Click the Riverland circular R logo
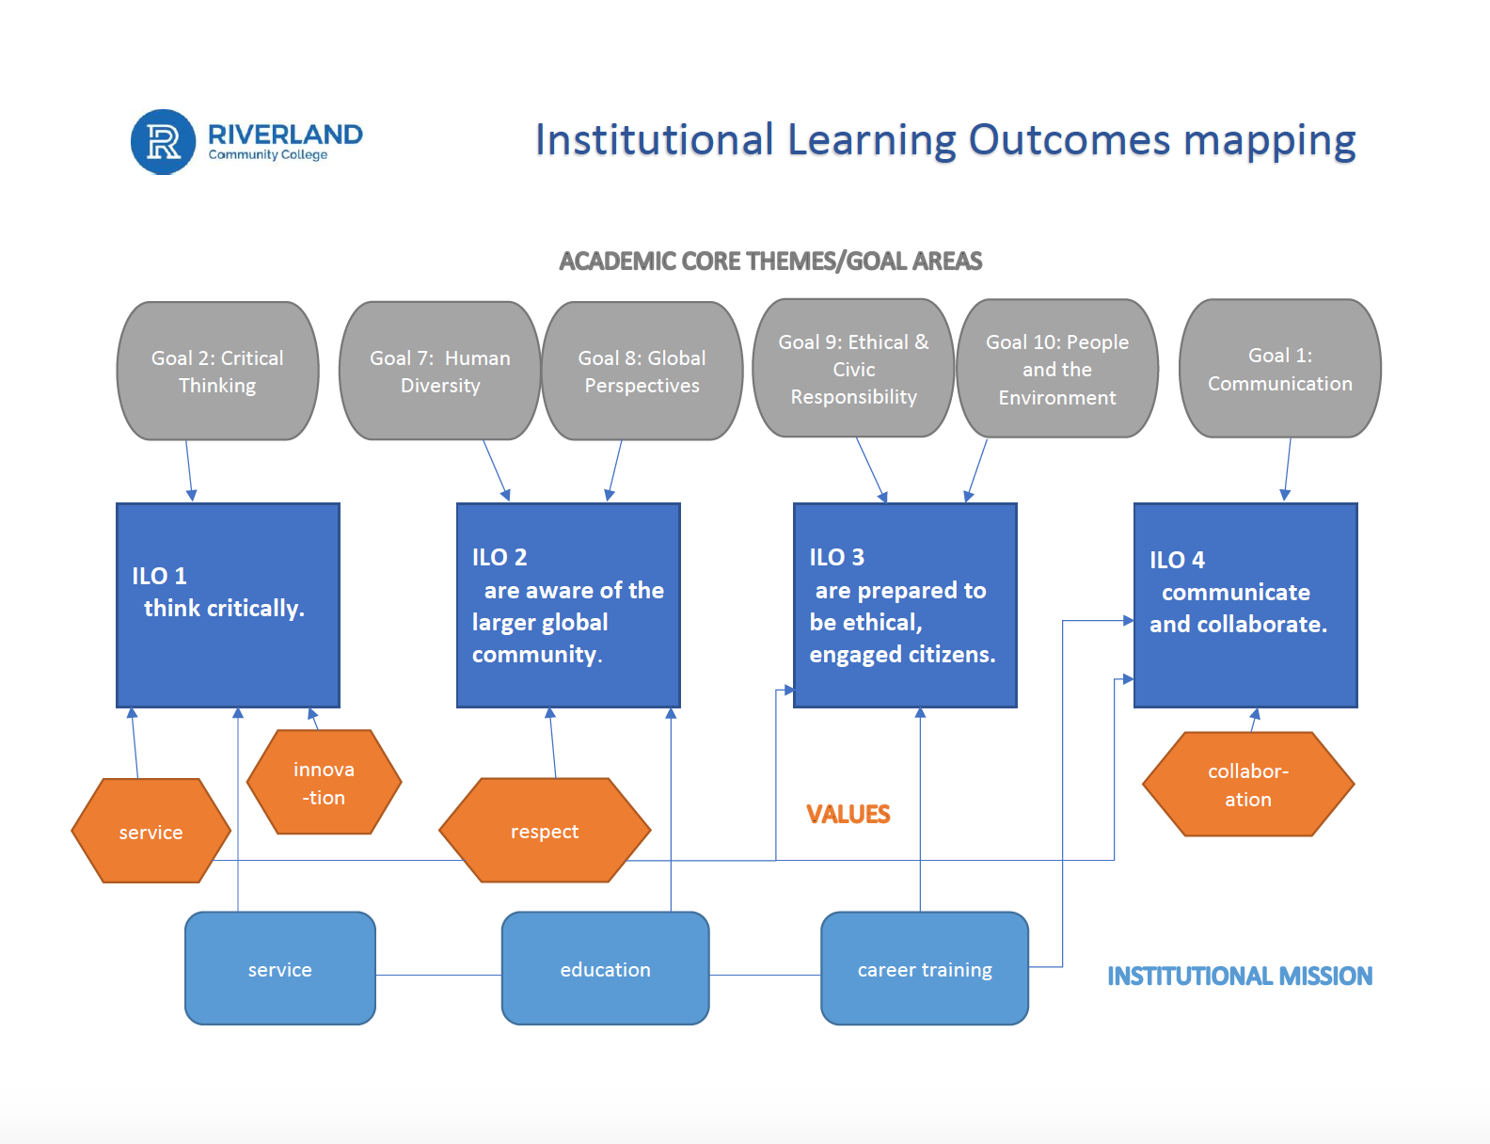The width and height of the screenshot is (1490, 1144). point(164,142)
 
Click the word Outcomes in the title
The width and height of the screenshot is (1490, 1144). point(1069,140)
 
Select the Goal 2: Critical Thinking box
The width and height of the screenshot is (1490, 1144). point(217,372)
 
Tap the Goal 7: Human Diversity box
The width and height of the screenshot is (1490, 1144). point(439,372)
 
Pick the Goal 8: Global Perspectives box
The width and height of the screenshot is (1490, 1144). point(642,372)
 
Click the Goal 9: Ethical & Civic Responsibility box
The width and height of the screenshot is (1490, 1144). point(853,369)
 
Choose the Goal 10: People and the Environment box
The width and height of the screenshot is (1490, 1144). point(1056,369)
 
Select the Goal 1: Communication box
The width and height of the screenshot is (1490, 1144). point(1279,369)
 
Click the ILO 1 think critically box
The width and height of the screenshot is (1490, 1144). point(228,605)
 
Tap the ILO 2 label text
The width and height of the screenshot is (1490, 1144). point(499,557)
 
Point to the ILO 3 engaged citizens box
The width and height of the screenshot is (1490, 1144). point(905,605)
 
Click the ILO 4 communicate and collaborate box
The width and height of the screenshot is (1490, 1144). point(1244,605)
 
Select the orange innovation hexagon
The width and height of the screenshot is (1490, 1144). point(324,783)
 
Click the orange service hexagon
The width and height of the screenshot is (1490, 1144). point(151,832)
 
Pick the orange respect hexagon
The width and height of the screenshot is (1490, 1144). point(545,831)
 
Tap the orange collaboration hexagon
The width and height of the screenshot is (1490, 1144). point(1247,785)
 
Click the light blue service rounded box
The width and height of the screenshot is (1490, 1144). point(280,969)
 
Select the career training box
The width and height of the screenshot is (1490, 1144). point(925,969)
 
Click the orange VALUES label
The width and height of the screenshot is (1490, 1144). point(848,815)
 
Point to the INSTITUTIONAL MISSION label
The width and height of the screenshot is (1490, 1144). point(1239,977)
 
